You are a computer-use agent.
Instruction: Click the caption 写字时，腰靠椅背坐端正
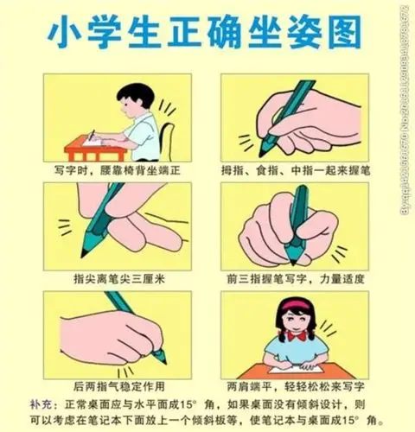click(x=115, y=170)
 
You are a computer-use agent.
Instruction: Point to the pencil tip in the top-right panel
click(x=263, y=152)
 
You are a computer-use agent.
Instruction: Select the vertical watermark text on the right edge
click(x=404, y=104)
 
